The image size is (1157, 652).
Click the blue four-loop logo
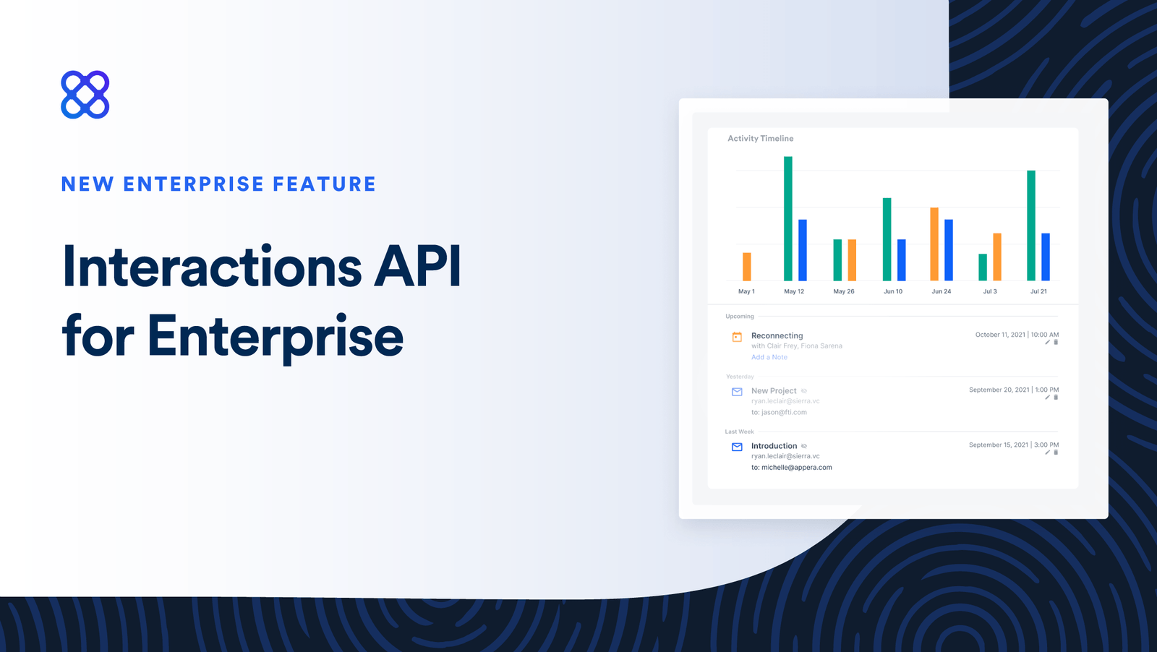(85, 95)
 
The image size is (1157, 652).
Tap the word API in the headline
(417, 267)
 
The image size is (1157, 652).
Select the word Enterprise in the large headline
(276, 336)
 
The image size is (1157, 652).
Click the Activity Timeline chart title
(760, 138)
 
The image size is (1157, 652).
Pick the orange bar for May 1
(747, 267)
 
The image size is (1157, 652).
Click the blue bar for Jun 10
(902, 259)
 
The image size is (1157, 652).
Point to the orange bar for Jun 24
(934, 244)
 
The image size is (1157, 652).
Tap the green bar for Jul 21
(1031, 226)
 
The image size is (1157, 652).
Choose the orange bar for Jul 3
(997, 257)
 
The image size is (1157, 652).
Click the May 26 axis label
(843, 291)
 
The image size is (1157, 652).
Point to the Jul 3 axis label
(990, 291)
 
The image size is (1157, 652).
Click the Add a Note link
(769, 357)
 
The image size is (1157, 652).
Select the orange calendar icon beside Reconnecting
(737, 337)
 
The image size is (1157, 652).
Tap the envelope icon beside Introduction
(737, 447)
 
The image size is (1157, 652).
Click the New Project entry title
(773, 391)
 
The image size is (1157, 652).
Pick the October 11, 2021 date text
(1000, 335)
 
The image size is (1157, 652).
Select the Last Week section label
(739, 432)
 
